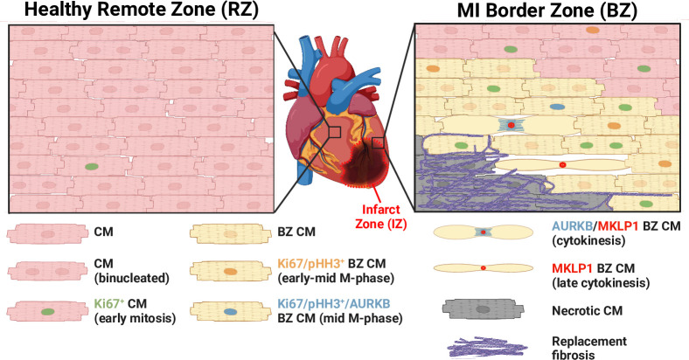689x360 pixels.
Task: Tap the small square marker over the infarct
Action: pos(378,142)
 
